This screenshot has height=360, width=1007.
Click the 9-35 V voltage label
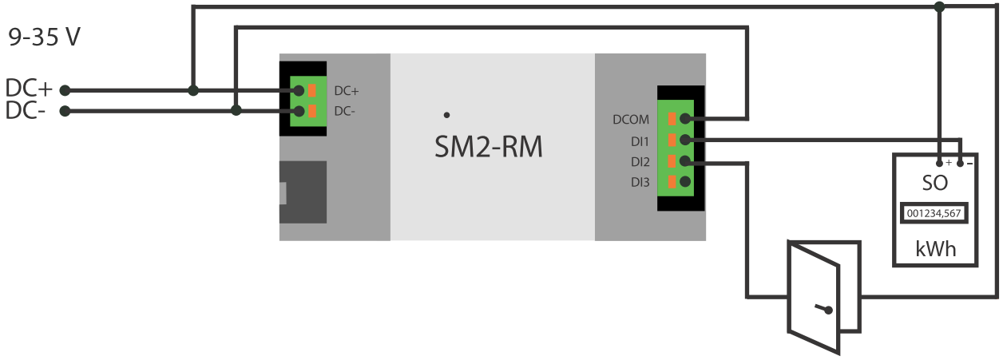pos(44,39)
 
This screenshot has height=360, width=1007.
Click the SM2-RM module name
pos(488,146)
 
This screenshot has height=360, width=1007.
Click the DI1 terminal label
pos(640,140)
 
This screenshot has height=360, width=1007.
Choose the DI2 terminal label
pos(640,161)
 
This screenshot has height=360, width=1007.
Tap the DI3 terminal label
pos(640,182)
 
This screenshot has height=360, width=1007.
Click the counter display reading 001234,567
pos(934,214)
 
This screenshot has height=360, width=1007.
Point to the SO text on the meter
pos(934,183)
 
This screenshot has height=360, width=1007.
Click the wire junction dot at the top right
pos(940,6)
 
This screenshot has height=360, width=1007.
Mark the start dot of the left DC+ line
pos(65,90)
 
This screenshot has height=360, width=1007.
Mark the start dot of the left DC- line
pos(65,111)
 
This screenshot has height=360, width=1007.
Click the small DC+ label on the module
pos(347,91)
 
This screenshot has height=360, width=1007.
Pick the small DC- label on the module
pos(345,112)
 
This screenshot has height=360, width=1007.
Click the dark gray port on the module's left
pos(303,192)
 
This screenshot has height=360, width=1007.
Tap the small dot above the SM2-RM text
pos(446,115)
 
